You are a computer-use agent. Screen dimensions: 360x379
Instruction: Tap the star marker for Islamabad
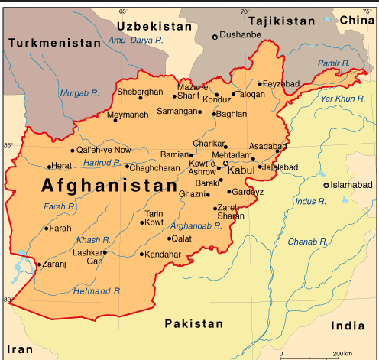point(326,186)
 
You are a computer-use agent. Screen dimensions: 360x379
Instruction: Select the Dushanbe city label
point(241,35)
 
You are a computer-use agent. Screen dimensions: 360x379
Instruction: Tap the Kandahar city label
point(163,255)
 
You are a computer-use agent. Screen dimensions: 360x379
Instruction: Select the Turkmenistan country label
point(54,44)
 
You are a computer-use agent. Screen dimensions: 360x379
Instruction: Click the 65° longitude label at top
point(124,11)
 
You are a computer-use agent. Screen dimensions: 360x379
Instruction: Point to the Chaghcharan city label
point(155,167)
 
